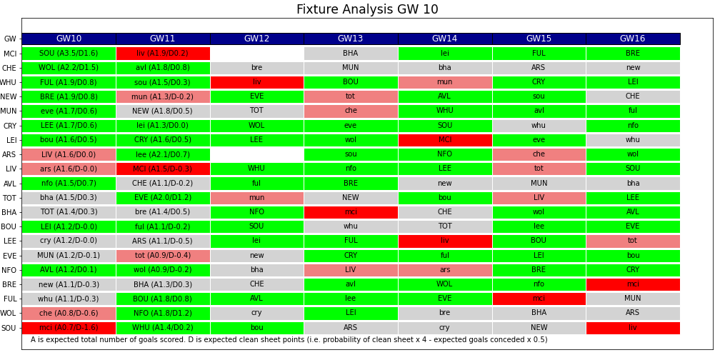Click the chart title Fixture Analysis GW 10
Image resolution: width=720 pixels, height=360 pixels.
click(x=367, y=10)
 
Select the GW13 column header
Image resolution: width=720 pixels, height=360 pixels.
click(x=350, y=39)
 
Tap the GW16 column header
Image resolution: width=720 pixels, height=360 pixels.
click(x=632, y=39)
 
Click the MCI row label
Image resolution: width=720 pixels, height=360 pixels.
click(x=10, y=54)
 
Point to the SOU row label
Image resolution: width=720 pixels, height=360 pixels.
click(x=9, y=328)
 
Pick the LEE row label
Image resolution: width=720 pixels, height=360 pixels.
click(x=10, y=241)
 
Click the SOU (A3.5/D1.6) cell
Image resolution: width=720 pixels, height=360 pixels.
click(x=69, y=54)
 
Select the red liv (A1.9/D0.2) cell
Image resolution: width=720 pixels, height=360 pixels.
click(x=163, y=54)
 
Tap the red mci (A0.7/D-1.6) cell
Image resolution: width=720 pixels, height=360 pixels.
click(x=69, y=328)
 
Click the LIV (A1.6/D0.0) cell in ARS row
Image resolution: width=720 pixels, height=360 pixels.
click(x=69, y=154)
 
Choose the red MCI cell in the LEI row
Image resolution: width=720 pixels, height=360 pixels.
click(x=444, y=140)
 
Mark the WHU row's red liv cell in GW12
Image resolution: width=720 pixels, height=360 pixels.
click(x=256, y=82)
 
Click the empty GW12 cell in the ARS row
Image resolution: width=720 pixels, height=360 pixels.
click(x=256, y=154)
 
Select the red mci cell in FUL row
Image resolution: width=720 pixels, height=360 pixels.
click(x=539, y=299)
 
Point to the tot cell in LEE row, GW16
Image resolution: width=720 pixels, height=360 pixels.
click(x=632, y=241)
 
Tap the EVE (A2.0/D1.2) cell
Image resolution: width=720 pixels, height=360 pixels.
click(x=163, y=198)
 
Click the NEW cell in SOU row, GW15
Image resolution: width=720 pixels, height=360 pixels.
click(x=539, y=328)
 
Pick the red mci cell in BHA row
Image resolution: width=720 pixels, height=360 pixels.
click(x=350, y=212)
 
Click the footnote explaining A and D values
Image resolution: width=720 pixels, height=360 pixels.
click(x=289, y=340)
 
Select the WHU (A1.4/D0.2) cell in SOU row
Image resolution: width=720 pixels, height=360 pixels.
click(x=163, y=328)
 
